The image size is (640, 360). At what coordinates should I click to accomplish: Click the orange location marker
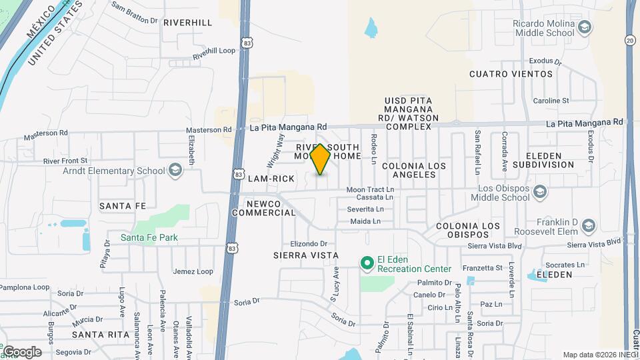(x=320, y=159)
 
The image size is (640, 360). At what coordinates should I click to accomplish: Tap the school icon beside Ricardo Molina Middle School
(x=585, y=27)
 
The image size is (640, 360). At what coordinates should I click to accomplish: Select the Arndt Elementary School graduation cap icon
(x=175, y=171)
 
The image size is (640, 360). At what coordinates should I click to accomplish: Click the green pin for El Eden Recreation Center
(x=366, y=263)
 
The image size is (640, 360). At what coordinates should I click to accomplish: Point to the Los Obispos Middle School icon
(x=540, y=193)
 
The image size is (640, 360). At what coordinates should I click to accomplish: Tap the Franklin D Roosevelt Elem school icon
(x=589, y=227)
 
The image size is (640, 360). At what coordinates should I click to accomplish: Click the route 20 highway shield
(x=630, y=41)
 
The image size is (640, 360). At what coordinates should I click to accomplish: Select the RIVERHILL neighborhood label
(x=187, y=22)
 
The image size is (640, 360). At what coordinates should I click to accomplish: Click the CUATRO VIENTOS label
(x=511, y=74)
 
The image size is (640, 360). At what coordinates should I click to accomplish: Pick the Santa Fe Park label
(x=149, y=237)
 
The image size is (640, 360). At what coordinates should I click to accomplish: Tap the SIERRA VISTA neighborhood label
(x=306, y=255)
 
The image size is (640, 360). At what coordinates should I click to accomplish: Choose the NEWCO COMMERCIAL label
(x=263, y=208)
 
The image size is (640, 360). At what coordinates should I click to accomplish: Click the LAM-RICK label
(x=271, y=179)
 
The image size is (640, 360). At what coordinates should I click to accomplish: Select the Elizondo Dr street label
(x=309, y=243)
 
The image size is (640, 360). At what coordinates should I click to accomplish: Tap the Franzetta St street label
(x=483, y=268)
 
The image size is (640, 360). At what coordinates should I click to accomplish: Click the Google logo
(x=21, y=352)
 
